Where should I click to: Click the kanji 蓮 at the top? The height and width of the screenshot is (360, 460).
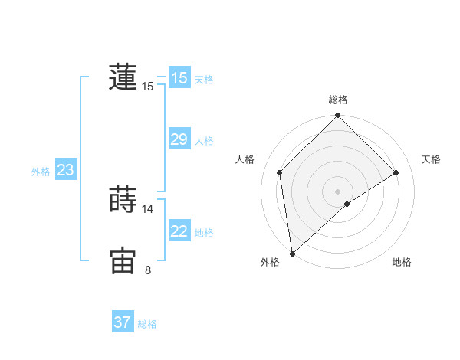pos(123,77)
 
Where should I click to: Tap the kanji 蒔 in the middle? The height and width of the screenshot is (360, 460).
pos(123,201)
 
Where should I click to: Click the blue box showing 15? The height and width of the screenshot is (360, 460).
pos(179,78)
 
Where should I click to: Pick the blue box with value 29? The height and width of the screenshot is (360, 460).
pos(179,139)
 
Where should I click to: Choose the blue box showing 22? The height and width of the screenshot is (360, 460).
pos(179,231)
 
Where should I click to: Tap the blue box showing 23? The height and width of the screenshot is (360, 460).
pos(65,170)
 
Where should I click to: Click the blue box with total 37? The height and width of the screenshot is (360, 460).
pos(123,322)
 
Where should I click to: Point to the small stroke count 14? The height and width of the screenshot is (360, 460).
pos(148,209)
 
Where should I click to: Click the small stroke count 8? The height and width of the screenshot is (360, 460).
pos(148,270)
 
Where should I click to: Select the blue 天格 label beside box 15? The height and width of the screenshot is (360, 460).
pos(204,80)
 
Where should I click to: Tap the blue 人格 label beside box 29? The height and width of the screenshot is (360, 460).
pos(204,141)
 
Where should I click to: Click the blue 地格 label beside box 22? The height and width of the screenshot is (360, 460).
pos(204,233)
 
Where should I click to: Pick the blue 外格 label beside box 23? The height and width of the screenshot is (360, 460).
pos(41,172)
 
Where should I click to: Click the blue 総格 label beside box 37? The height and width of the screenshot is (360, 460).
pos(147,325)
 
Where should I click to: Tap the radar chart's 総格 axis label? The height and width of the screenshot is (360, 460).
pos(338,100)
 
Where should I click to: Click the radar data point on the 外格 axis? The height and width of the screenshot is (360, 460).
pos(292,254)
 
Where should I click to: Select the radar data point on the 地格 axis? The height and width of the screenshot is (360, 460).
pos(347,204)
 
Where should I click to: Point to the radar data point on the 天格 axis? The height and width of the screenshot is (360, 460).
pos(396,172)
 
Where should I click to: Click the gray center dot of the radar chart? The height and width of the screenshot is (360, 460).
pos(338,191)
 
